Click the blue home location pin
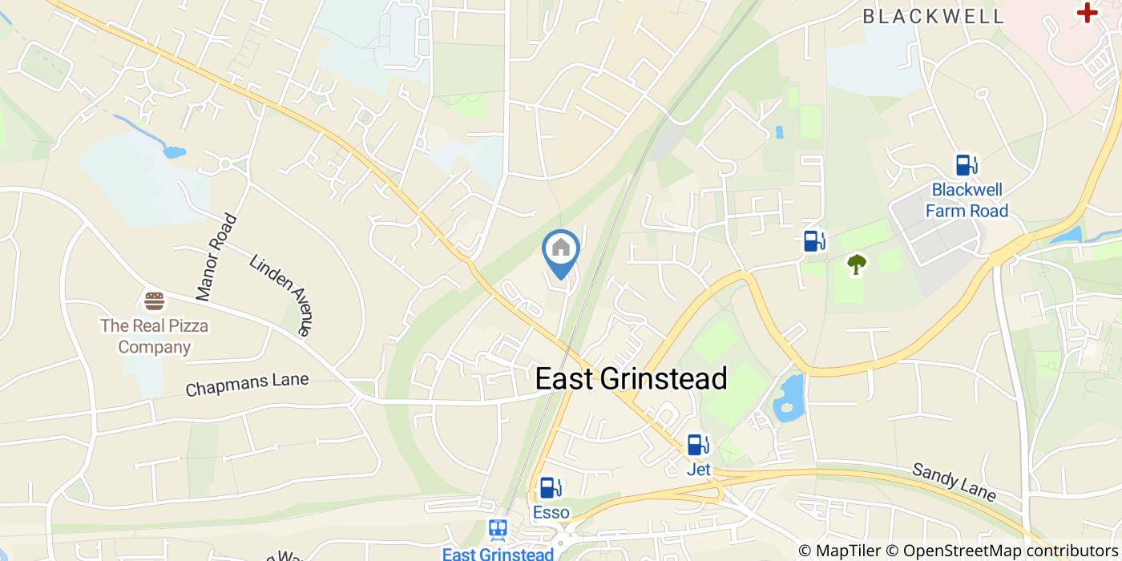561,250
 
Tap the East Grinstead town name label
631,378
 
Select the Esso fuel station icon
551,487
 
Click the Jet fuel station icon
698,445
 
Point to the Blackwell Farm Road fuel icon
967,165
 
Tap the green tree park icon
857,264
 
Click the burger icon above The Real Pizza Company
154,301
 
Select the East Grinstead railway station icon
498,530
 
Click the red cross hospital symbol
1087,12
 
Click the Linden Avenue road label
280,294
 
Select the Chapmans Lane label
247,385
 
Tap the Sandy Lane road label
954,482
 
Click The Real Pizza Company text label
154,337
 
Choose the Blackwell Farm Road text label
967,200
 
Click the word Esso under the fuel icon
551,512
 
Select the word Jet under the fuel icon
699,470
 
